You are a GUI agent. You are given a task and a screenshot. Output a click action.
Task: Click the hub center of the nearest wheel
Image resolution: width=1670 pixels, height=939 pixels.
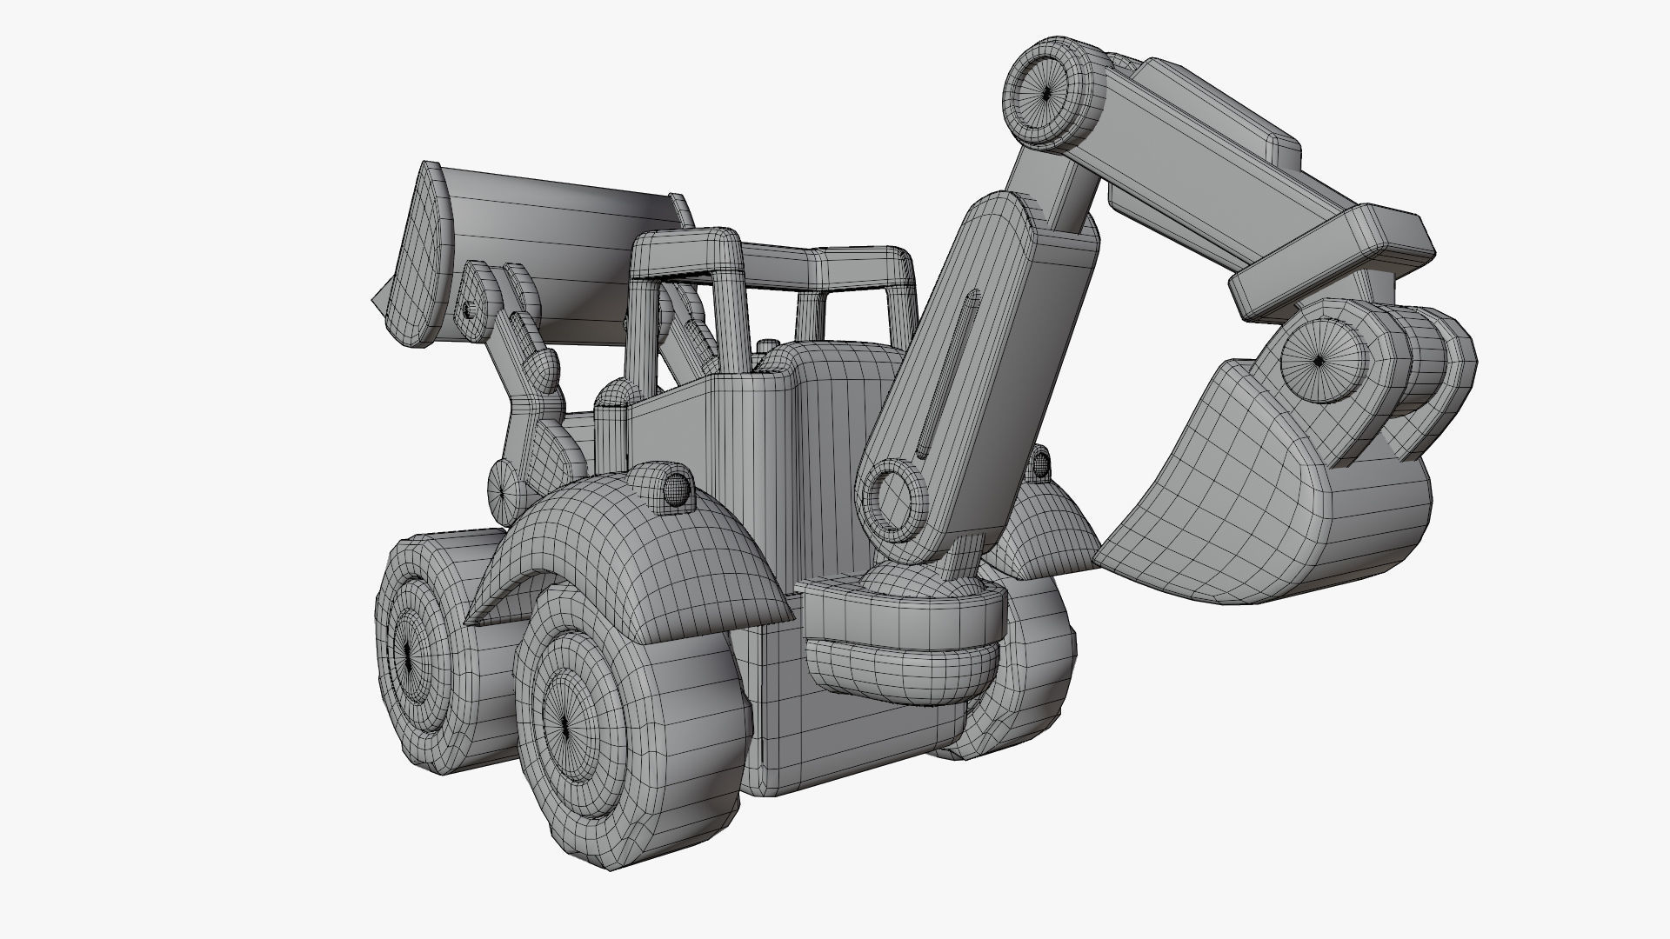[564, 723]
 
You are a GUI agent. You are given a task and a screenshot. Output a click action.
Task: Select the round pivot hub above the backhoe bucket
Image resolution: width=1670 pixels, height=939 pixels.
[1319, 359]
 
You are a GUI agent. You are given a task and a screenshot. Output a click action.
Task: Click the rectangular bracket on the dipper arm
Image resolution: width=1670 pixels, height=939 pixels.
[1331, 261]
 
